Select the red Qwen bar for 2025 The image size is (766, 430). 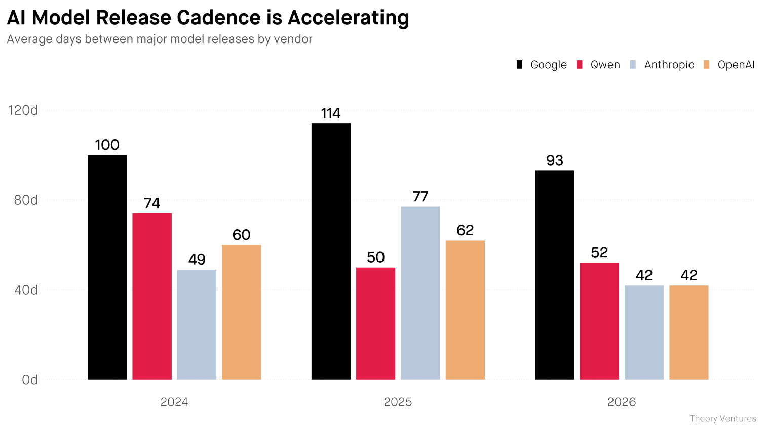375,323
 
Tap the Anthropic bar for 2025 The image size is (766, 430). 420,293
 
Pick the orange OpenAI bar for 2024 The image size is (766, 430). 241,312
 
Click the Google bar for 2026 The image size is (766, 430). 554,275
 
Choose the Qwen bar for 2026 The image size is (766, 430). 599,321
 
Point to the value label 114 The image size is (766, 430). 331,113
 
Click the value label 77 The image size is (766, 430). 420,196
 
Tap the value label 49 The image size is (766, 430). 197,260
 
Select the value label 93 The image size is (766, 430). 554,160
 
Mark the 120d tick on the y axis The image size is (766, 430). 23,110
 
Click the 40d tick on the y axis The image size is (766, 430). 26,290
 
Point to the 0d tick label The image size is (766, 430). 29,380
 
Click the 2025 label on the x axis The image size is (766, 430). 398,402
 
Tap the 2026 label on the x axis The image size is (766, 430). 621,402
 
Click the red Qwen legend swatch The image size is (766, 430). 580,65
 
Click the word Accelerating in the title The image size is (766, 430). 348,18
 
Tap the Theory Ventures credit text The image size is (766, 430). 722,419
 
